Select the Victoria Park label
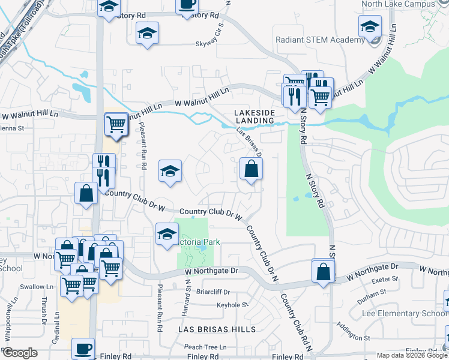click(x=199, y=242)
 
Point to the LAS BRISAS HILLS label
click(x=217, y=329)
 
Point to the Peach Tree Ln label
click(x=205, y=347)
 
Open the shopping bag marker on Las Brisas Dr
click(x=250, y=169)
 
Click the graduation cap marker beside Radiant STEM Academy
click(x=370, y=26)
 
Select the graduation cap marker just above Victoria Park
click(x=167, y=233)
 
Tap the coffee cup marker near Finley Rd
click(x=83, y=348)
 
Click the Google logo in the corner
click(x=19, y=353)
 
